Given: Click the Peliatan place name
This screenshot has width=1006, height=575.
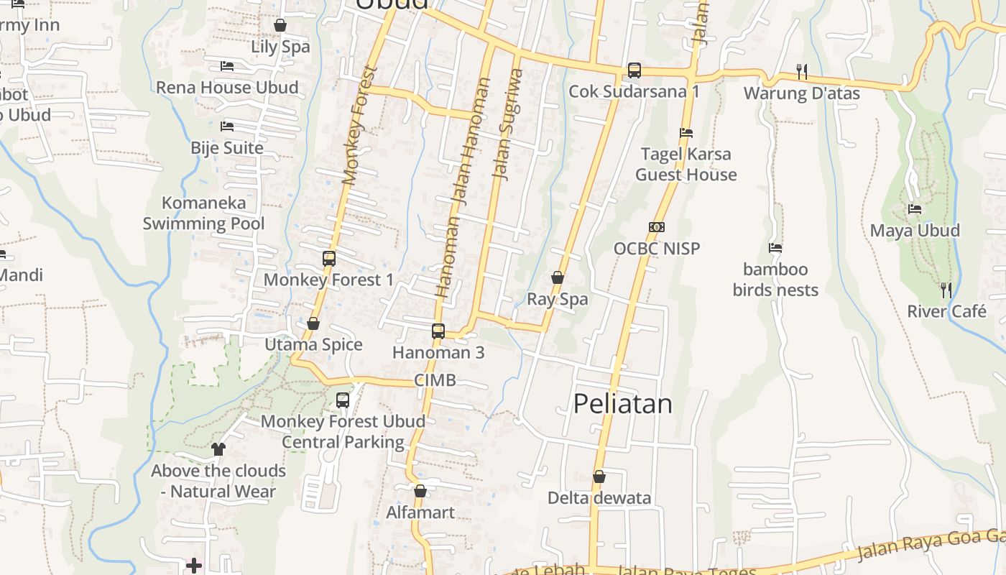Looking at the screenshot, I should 622,404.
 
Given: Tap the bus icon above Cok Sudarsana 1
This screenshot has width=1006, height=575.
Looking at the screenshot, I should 634,70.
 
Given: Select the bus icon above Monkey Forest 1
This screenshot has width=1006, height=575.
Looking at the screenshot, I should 329,259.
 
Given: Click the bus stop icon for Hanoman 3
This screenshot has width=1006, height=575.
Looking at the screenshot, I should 438,331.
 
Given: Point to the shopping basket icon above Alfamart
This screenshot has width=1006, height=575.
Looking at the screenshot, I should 420,492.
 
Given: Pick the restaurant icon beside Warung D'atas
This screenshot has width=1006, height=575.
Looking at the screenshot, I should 802,71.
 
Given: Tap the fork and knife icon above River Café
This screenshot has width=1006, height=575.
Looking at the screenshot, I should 946,290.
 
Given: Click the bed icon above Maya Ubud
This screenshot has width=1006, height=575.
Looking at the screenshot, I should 915,209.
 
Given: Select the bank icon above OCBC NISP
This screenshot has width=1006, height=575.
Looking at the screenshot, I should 656,227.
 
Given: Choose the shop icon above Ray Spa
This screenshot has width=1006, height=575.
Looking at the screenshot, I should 558,277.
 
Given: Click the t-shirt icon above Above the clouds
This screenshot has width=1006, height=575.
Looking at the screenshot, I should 218,449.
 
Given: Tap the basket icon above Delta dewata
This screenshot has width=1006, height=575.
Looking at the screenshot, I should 599,477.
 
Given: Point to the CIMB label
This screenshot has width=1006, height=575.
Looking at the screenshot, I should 435,380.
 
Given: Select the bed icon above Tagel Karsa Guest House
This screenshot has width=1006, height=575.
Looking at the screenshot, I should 686,133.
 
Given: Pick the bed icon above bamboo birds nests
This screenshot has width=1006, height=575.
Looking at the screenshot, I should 775,248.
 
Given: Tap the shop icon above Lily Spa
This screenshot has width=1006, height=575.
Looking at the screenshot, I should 280,26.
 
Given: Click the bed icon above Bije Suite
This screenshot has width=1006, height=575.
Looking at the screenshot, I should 227,126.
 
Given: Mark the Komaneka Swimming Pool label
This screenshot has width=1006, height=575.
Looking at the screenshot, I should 203,213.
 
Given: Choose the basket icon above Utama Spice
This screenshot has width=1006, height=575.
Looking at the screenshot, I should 313,324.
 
